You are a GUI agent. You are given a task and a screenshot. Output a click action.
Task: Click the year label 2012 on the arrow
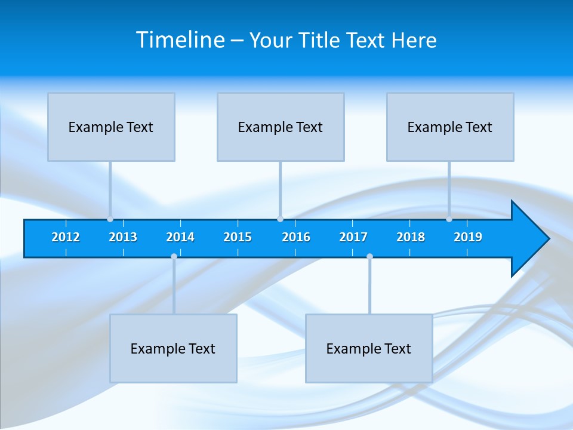click(x=66, y=237)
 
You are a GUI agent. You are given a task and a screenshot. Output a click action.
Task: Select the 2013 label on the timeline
click(x=123, y=237)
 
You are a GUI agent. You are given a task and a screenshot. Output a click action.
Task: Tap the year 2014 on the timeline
click(x=180, y=237)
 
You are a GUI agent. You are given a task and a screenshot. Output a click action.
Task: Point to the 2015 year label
click(x=238, y=237)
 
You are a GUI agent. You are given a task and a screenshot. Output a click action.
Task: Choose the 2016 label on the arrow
click(x=296, y=237)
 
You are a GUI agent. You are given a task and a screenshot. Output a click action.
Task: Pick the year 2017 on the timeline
click(x=353, y=237)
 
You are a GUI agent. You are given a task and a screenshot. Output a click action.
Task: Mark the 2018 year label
click(x=411, y=237)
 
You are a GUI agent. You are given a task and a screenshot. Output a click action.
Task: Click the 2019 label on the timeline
click(x=468, y=237)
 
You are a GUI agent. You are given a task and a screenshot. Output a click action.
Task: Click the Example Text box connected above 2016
click(x=281, y=127)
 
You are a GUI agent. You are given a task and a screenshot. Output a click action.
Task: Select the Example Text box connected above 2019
click(x=450, y=127)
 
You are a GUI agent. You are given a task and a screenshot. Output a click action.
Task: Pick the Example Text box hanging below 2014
click(x=173, y=348)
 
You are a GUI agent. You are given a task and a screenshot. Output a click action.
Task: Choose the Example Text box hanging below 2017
click(x=369, y=348)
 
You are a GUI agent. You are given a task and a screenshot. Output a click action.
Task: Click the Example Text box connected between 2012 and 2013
click(x=111, y=127)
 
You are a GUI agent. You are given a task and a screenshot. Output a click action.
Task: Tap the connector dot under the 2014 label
click(x=174, y=256)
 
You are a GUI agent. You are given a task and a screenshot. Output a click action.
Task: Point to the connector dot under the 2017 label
click(x=369, y=256)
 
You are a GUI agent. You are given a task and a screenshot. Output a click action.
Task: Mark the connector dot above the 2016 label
click(x=280, y=219)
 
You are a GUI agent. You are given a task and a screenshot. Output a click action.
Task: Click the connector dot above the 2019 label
click(x=449, y=219)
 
